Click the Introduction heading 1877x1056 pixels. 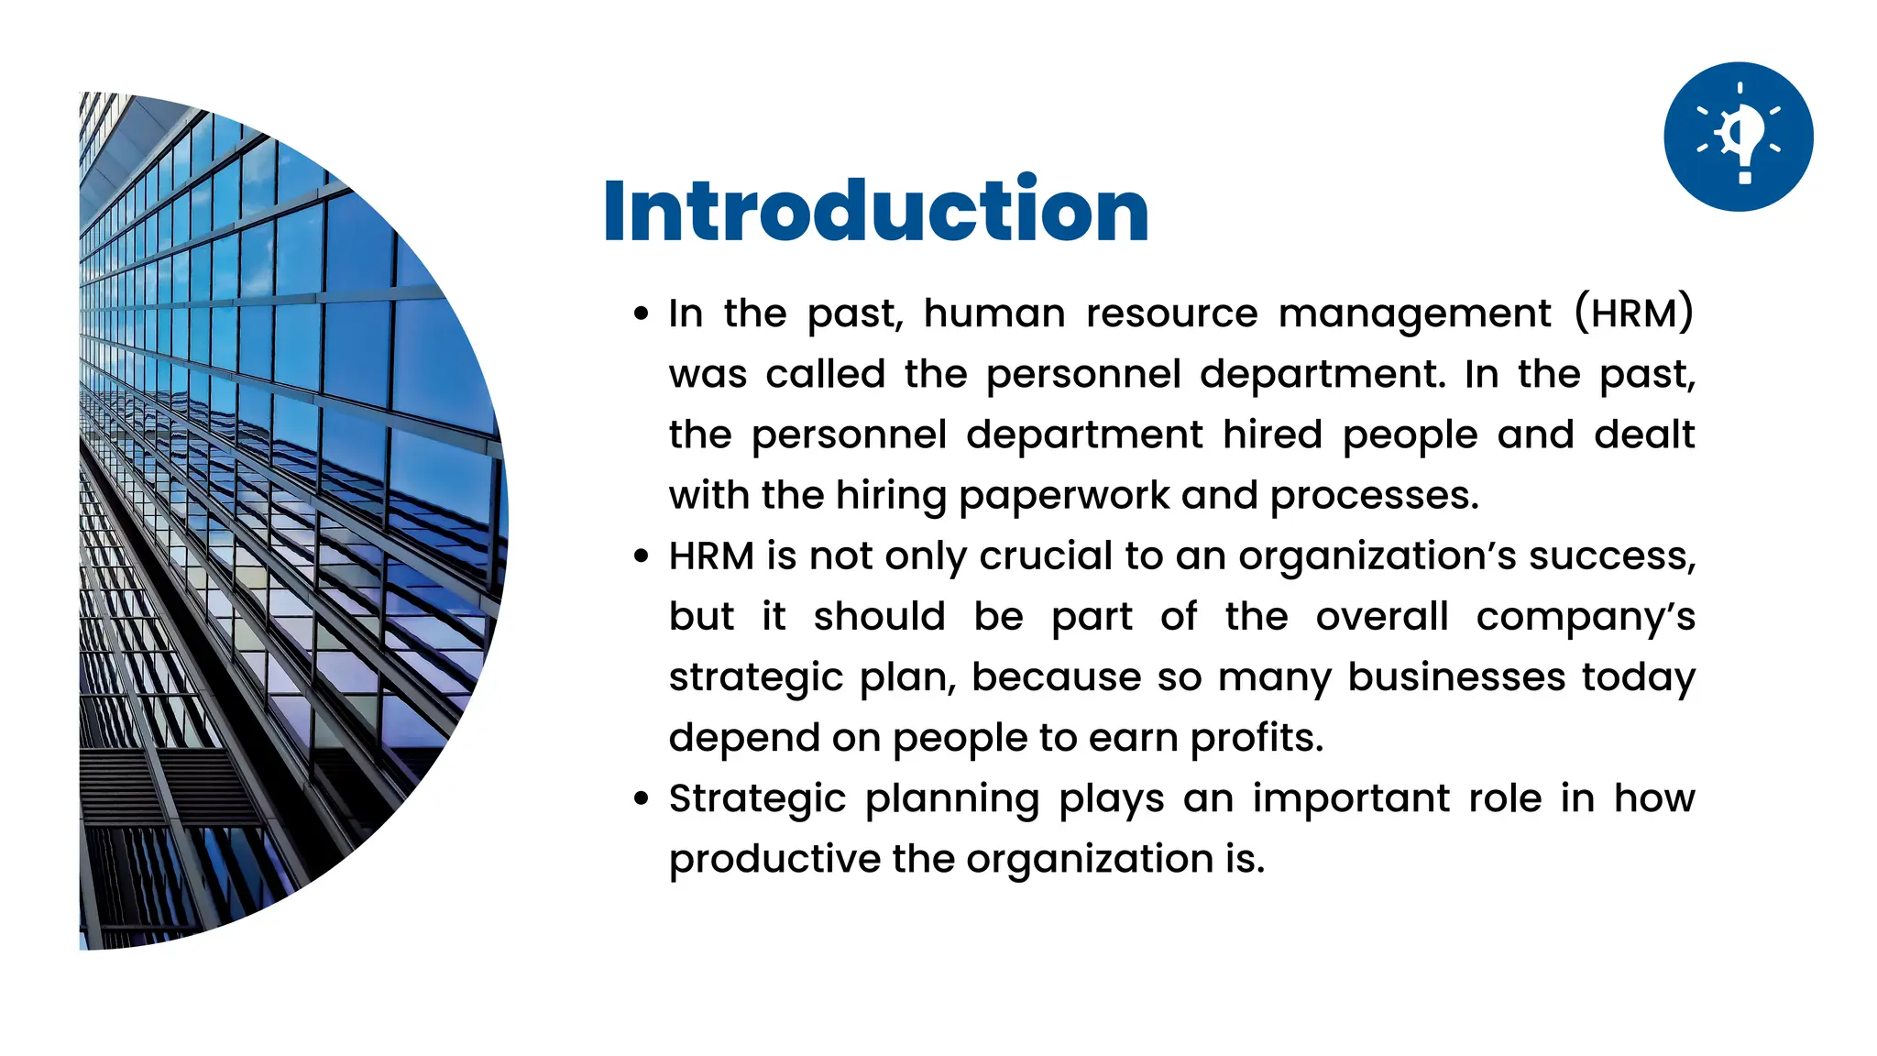(875, 211)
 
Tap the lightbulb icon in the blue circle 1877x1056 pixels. (1738, 137)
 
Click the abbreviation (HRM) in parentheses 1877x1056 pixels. (1633, 313)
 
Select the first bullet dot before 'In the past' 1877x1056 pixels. (642, 314)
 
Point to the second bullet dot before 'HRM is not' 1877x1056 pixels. (642, 556)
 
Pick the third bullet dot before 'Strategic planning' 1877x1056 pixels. (642, 798)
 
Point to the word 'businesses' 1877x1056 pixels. (1456, 677)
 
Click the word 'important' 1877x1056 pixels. (1351, 798)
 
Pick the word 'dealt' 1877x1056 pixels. (1644, 434)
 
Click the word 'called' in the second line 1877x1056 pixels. (825, 374)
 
